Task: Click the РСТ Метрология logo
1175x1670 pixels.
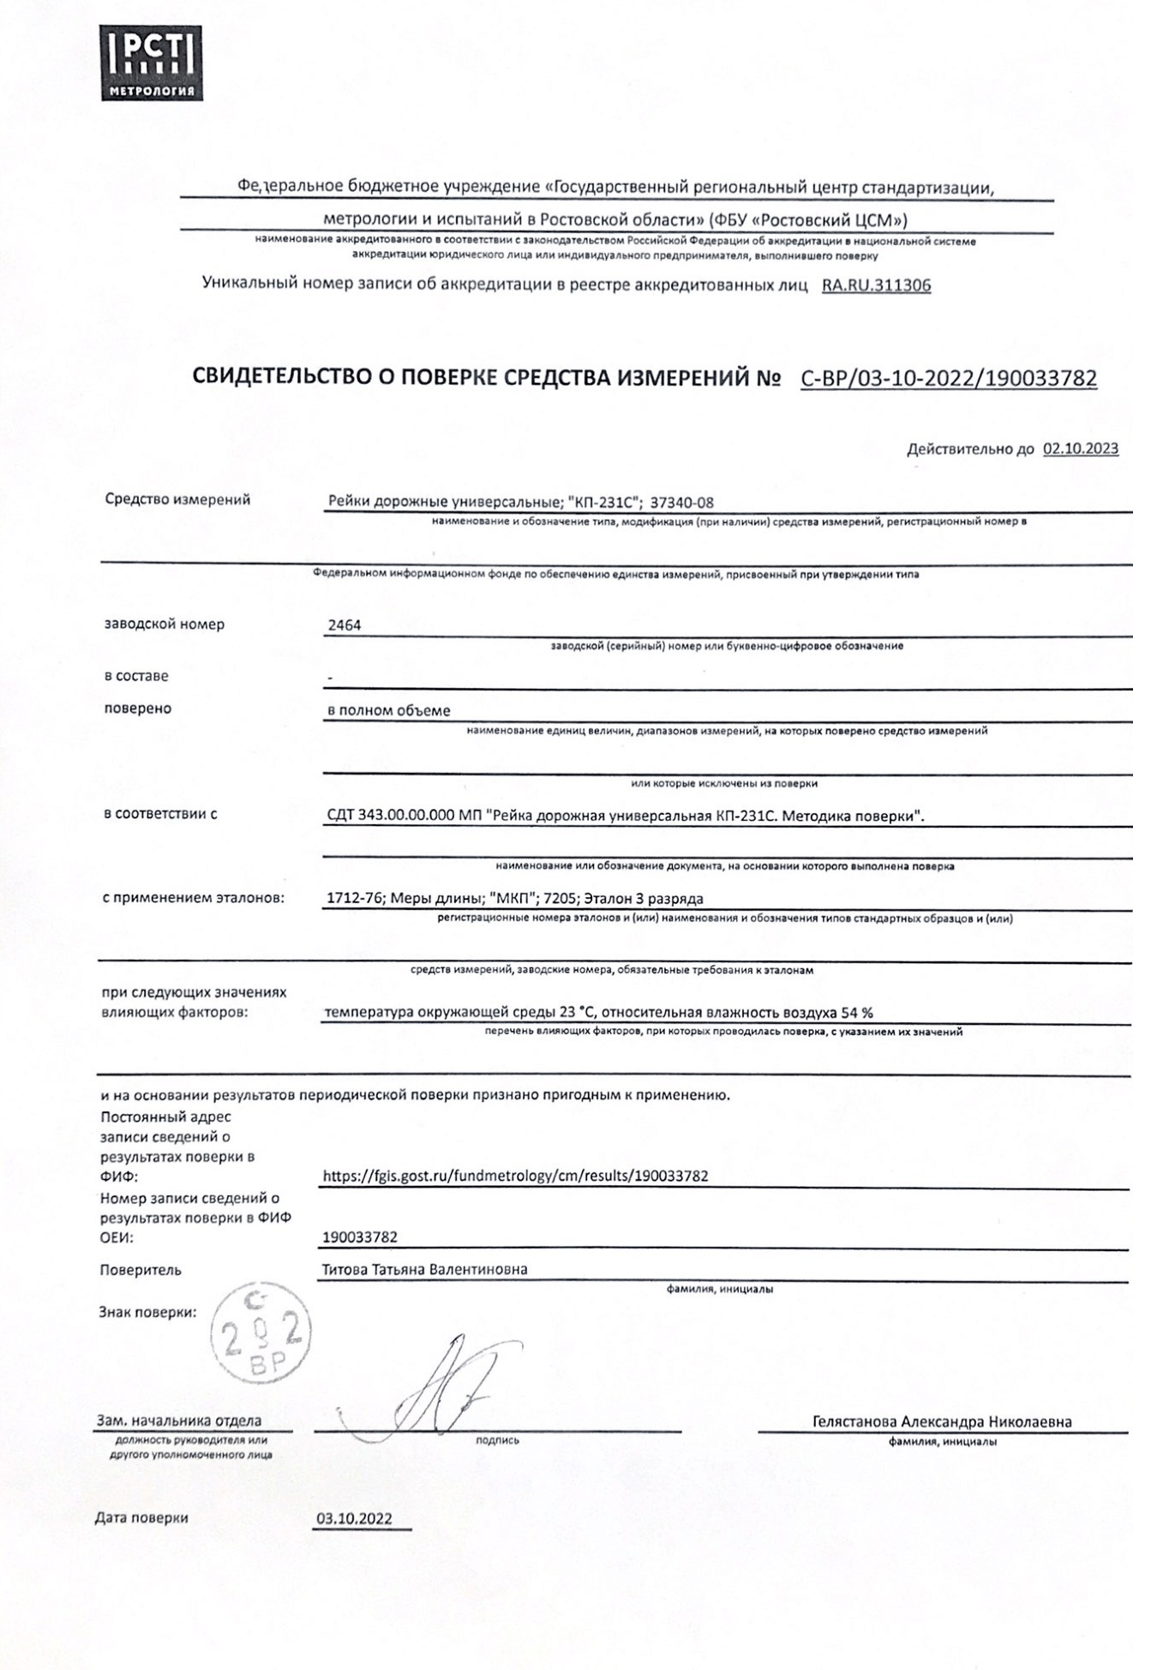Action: (x=152, y=63)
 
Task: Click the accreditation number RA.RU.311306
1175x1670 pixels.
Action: (x=876, y=285)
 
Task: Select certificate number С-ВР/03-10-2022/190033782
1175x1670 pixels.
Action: (x=948, y=378)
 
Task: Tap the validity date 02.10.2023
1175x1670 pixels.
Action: (x=1080, y=449)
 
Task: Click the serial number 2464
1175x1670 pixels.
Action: (x=344, y=626)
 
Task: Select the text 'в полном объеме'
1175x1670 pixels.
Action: (x=388, y=710)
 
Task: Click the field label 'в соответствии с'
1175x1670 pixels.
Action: (x=160, y=814)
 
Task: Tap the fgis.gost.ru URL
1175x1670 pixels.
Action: (x=515, y=1176)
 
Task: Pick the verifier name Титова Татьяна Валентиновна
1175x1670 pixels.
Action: (x=424, y=1269)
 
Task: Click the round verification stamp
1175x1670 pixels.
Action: (x=261, y=1337)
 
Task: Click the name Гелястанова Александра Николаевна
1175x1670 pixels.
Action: (x=942, y=1422)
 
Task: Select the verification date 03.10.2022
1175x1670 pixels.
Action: (x=354, y=1518)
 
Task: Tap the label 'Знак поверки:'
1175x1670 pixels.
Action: (x=147, y=1312)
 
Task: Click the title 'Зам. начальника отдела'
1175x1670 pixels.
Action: (x=179, y=1421)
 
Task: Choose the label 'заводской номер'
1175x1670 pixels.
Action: (x=164, y=625)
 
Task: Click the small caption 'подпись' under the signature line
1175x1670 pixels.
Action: (x=497, y=1440)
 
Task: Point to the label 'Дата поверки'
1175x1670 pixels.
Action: (x=141, y=1517)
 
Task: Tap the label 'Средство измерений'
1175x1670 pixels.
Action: (x=177, y=500)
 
